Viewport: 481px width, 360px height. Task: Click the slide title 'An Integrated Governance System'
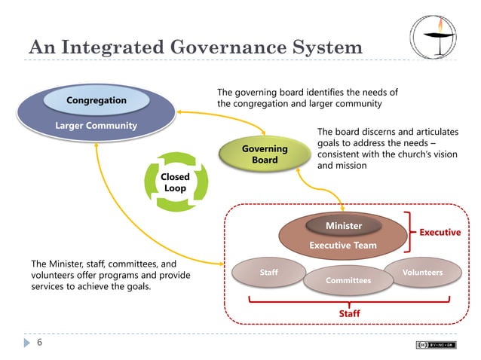coord(195,47)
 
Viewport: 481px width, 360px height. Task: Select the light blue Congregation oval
coord(97,100)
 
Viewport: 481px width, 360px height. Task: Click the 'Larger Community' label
coord(96,125)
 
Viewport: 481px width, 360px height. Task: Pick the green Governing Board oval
coord(265,154)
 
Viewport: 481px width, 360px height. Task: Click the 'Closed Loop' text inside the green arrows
coord(175,182)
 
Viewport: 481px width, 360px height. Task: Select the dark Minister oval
coord(343,225)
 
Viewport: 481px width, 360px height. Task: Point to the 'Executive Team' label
coord(343,246)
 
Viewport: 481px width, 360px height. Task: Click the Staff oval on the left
coord(268,272)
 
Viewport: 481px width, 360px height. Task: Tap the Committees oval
coord(348,280)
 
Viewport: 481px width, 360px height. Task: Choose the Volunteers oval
coord(422,272)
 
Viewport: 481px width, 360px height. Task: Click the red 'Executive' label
coord(440,232)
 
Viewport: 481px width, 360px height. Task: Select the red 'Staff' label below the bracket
coord(348,313)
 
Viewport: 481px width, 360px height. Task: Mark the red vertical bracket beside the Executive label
coord(409,232)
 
